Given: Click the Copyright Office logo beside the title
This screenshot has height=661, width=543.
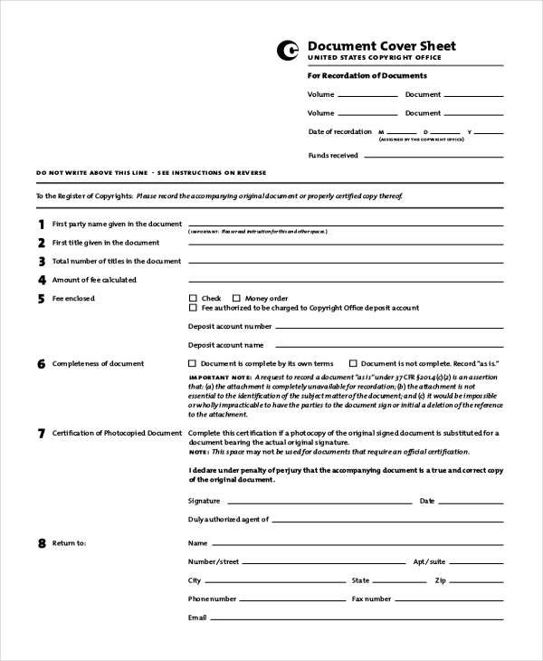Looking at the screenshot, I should point(289,51).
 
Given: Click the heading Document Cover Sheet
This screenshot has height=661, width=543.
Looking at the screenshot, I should point(381,46).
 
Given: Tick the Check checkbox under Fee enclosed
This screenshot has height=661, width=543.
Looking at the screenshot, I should point(192,298).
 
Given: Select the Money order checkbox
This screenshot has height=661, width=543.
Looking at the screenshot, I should point(236,298).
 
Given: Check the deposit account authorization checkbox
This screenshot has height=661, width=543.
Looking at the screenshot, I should point(192,308).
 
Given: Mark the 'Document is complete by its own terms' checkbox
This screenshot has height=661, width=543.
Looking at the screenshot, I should point(192,363).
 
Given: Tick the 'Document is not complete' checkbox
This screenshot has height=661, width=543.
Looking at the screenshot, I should point(353,363).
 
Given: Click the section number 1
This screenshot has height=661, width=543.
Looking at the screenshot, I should point(41,225).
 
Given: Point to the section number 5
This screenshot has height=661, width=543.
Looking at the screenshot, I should point(41,299).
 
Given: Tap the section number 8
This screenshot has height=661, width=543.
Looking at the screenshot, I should point(41,544).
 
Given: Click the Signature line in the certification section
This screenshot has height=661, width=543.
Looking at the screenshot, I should point(317,503).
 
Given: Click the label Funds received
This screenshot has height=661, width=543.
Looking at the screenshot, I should point(333,155).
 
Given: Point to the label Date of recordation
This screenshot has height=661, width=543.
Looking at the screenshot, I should point(339,131).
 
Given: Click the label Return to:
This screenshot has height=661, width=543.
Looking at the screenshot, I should point(69,543).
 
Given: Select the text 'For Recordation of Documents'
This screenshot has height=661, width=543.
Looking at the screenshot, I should point(367,76).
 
